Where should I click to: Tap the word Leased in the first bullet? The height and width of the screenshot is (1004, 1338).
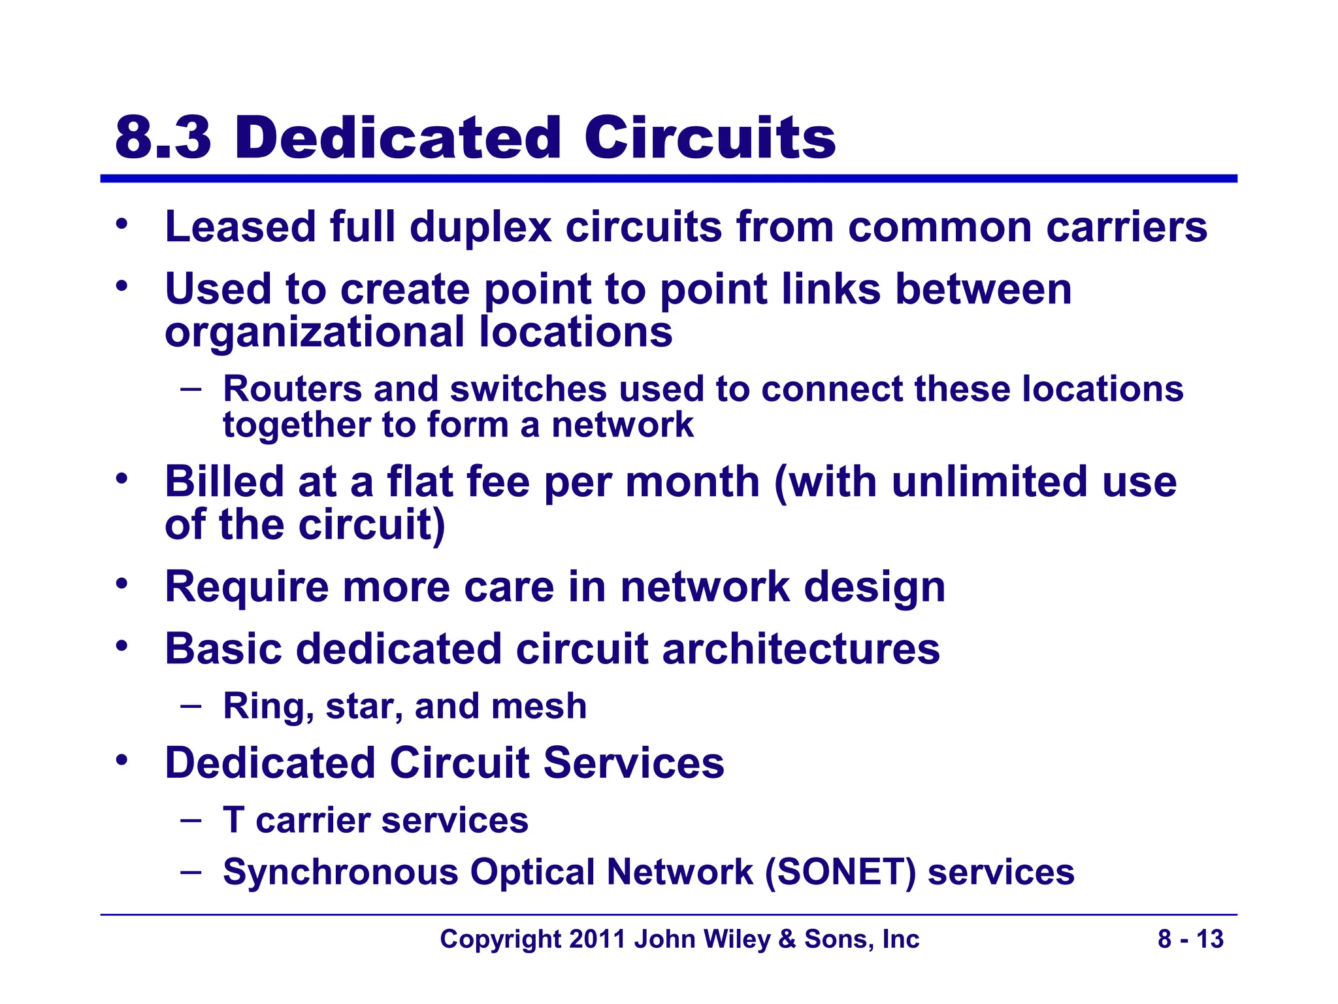(240, 227)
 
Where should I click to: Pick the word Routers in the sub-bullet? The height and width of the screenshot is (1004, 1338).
(292, 389)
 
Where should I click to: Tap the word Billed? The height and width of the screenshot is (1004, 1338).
(223, 482)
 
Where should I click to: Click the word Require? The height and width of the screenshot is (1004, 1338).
(246, 587)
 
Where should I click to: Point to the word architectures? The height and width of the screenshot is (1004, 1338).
(800, 649)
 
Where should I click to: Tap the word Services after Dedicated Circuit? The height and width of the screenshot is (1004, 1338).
(633, 763)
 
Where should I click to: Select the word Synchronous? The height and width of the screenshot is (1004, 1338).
(340, 872)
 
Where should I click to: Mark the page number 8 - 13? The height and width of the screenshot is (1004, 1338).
(1190, 939)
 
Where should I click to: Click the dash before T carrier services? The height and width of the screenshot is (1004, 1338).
(191, 820)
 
